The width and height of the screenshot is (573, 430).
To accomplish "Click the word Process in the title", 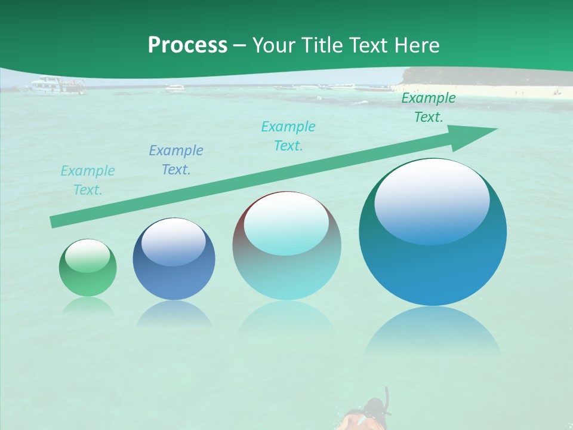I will tap(187, 45).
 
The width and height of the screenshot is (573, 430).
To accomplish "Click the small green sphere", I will tap(88, 268).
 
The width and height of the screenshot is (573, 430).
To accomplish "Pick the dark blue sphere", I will tap(174, 259).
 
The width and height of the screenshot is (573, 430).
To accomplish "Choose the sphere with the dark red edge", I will tap(286, 246).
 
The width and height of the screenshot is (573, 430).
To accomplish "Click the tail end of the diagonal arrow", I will tap(55, 222).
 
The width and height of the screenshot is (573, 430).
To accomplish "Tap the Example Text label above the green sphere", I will tap(88, 180).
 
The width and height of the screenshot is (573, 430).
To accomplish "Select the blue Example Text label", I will tap(176, 160).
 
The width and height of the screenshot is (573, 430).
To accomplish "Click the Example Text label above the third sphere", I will tap(288, 136).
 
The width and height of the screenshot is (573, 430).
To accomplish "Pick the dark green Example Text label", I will tap(429, 107).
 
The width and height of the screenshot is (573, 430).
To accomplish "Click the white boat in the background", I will tap(58, 85).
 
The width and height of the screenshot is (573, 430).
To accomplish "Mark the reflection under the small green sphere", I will tap(88, 306).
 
